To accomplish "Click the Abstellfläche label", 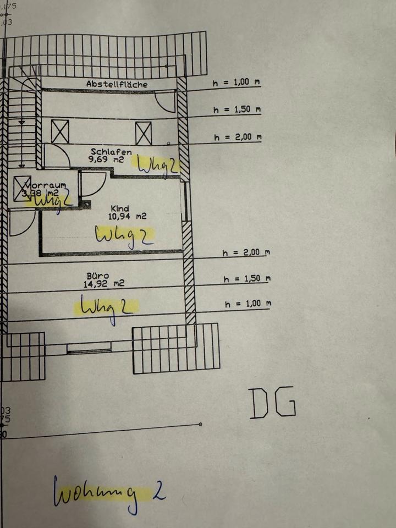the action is (117, 84).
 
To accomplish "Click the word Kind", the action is (119, 208).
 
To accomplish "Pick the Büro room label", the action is (97, 276).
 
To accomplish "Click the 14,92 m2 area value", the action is (104, 284).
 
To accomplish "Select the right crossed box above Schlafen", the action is (144, 133).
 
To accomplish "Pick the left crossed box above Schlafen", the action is (60, 131).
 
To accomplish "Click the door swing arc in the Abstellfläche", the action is (164, 102).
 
